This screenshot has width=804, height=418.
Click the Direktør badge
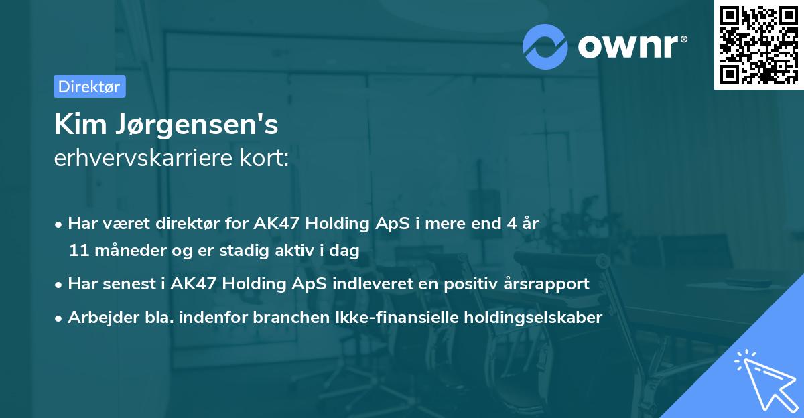(x=89, y=86)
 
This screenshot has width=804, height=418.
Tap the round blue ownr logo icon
(x=545, y=46)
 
